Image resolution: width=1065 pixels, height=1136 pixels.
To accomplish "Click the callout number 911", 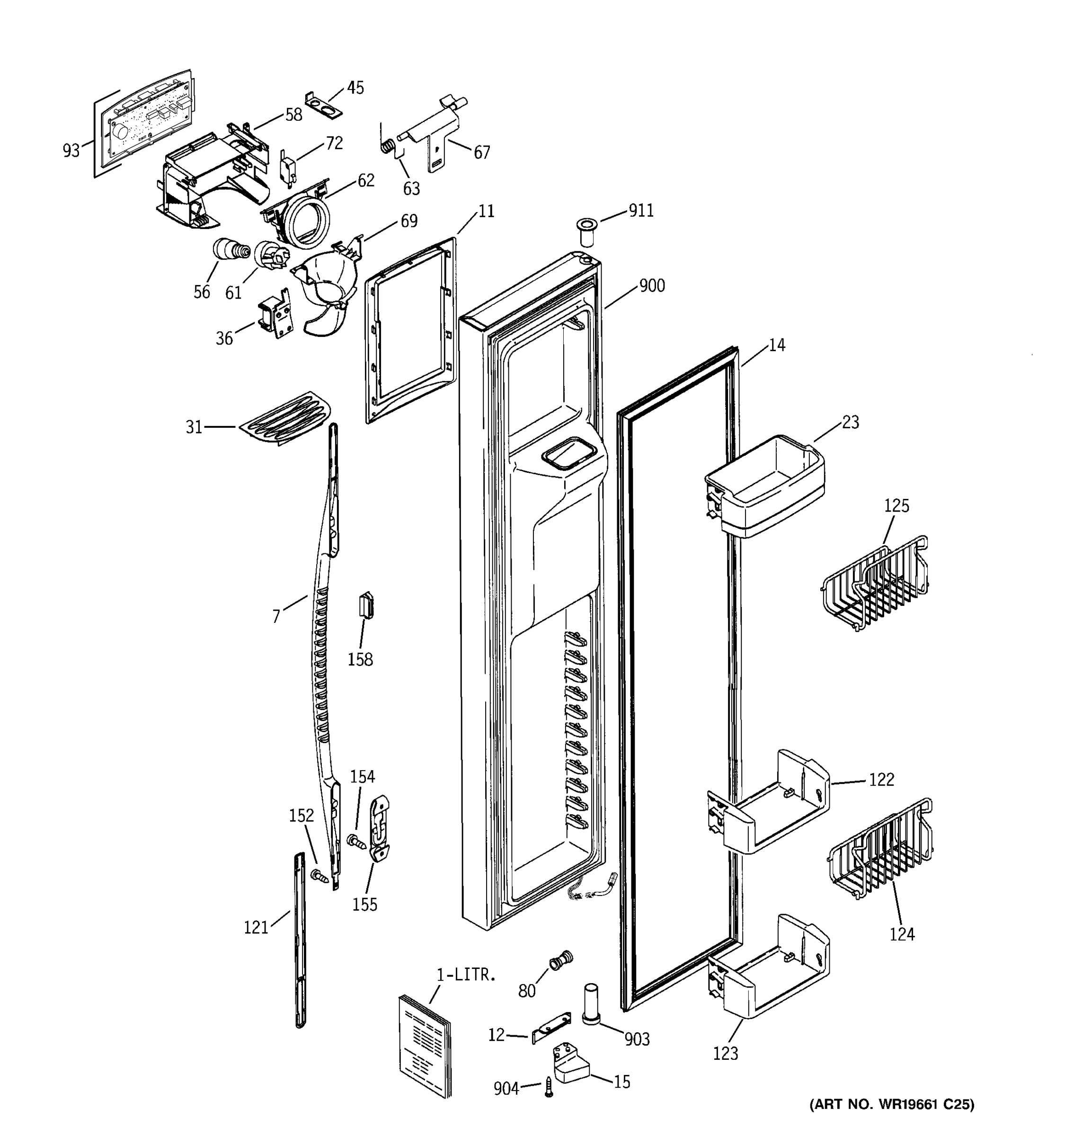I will coord(640,211).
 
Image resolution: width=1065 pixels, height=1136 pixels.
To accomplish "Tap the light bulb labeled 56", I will coord(230,250).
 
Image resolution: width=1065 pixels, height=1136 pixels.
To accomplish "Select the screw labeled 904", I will coord(549,1086).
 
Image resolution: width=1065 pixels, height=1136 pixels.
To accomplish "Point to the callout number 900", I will coord(651,285).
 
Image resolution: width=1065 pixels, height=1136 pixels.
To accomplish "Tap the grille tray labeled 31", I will coord(285,418).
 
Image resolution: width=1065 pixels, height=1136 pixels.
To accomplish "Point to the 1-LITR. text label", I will coord(466,976).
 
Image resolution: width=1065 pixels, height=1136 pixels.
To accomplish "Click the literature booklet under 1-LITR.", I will coord(424,1043).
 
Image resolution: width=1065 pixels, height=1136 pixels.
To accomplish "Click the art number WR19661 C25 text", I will coord(891,1120).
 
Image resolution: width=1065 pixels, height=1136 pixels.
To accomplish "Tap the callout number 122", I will coord(881,780).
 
